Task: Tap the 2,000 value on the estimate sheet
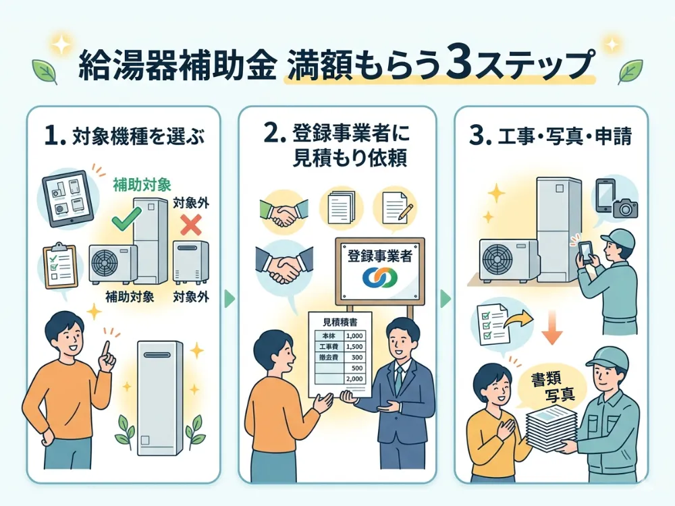tap(354, 379)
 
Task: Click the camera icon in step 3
tap(626, 207)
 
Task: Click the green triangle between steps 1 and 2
tap(230, 298)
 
